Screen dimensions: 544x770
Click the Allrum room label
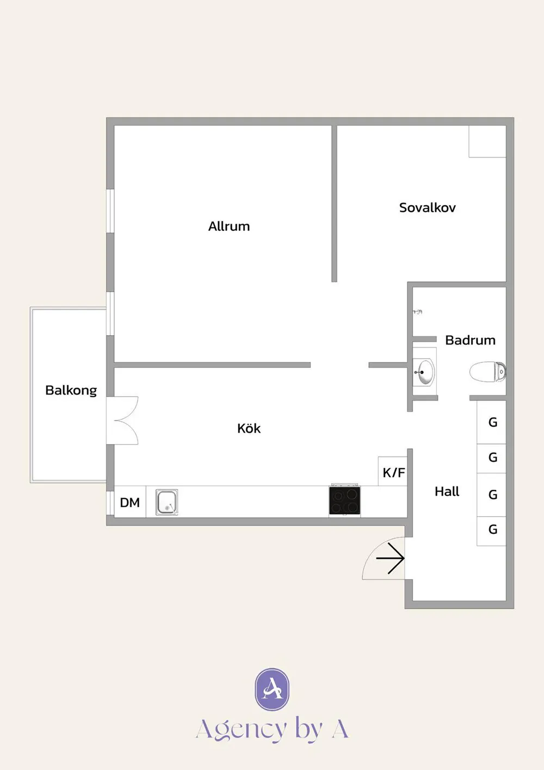229,226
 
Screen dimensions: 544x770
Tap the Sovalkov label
427,208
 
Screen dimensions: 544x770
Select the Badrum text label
470,340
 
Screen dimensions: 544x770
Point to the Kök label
249,428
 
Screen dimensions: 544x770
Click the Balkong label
71,391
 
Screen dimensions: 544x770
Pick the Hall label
447,491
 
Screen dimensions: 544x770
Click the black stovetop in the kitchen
345,500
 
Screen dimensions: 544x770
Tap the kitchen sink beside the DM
166,502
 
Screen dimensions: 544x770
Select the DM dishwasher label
130,503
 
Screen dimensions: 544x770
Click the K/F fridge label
394,473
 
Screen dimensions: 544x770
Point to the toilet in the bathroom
487,372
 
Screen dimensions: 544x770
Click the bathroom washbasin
424,372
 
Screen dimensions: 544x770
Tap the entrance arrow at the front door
390,558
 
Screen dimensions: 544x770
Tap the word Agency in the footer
241,730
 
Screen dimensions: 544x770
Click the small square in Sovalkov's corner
487,141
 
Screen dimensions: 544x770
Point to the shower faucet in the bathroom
418,312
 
